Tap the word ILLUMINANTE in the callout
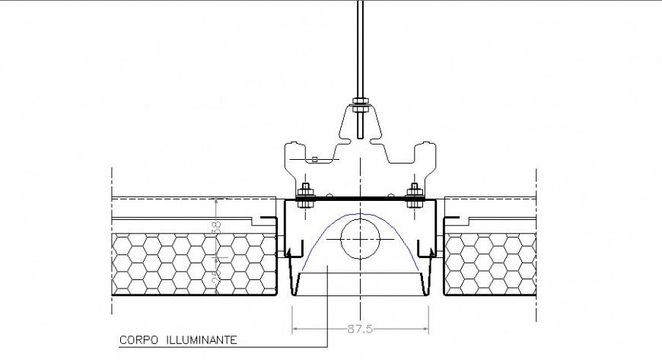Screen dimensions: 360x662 tap(200, 339)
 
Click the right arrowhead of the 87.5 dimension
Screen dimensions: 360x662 tap(428, 330)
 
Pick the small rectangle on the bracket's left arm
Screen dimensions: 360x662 tap(313, 159)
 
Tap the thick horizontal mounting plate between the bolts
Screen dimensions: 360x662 tap(360, 200)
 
